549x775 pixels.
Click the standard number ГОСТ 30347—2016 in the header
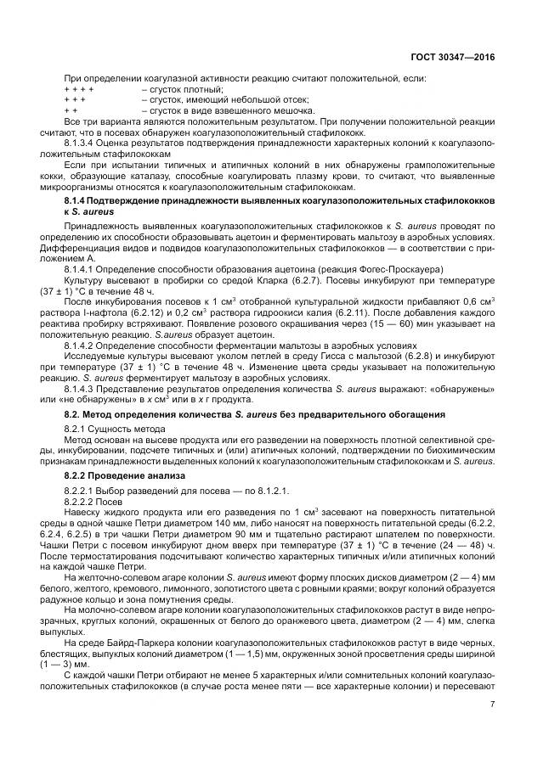coord(452,59)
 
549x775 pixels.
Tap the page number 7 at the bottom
coord(492,703)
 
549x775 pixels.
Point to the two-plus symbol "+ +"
coord(71,110)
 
